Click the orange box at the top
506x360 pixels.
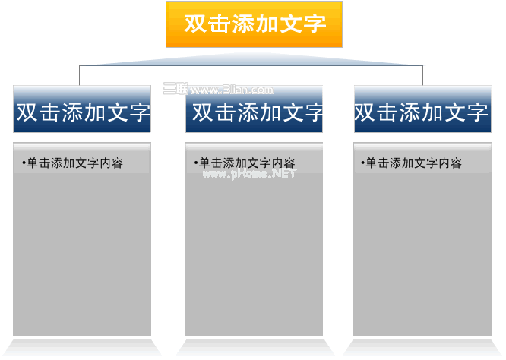coord(254,24)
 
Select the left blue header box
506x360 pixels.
coord(82,109)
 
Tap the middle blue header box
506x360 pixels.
coord(254,109)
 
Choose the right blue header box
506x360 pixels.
coord(422,109)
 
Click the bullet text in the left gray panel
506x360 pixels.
coord(73,163)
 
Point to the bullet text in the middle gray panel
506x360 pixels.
coord(245,163)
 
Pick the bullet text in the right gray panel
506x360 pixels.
coord(412,163)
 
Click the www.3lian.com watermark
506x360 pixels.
coord(218,89)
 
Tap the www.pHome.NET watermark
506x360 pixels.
coord(249,174)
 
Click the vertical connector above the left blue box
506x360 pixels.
coord(79,75)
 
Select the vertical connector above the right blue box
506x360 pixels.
coord(422,75)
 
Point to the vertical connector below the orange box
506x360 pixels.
coord(251,66)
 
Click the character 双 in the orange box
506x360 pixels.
coord(195,24)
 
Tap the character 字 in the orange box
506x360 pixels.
coord(315,24)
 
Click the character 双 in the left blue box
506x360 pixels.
coord(27,112)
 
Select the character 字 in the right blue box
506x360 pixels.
coord(476,112)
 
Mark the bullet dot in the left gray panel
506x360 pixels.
coord(24,163)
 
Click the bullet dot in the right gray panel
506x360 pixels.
coord(362,163)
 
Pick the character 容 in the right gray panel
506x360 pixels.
coord(457,163)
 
